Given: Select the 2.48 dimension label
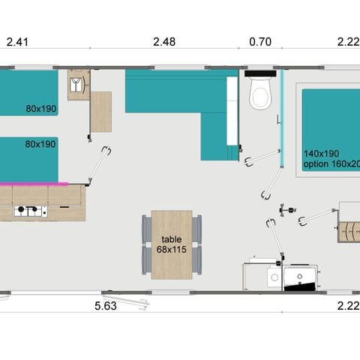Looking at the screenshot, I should coord(163,42).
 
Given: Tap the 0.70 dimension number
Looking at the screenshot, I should coord(259,42).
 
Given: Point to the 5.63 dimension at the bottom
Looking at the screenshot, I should coord(105,306).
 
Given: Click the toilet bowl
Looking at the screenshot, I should coord(259,97).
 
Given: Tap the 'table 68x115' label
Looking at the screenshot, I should coord(171,244).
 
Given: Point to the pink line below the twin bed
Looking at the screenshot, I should coord(34,182).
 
